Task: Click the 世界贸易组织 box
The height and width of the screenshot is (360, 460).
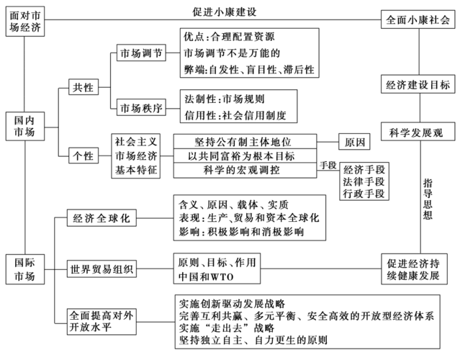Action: point(102,269)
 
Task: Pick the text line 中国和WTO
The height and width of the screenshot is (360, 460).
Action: point(205,276)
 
